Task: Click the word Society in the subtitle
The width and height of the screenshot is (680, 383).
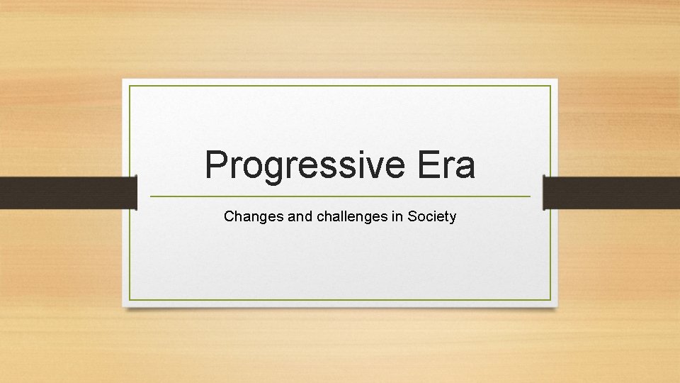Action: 432,216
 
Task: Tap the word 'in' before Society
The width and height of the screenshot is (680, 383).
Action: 397,216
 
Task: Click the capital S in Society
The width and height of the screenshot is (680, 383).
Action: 412,216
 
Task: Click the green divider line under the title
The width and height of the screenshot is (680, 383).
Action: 340,196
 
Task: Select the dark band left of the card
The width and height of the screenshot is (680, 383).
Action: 67,193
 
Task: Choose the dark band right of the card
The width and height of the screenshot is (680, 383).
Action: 611,193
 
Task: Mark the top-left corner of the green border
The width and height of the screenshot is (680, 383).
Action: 130,86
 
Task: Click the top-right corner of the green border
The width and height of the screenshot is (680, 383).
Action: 550,86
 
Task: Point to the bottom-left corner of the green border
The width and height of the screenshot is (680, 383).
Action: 130,300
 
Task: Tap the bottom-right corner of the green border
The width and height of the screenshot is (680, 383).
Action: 550,300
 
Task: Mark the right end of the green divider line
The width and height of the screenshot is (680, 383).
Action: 529,196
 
